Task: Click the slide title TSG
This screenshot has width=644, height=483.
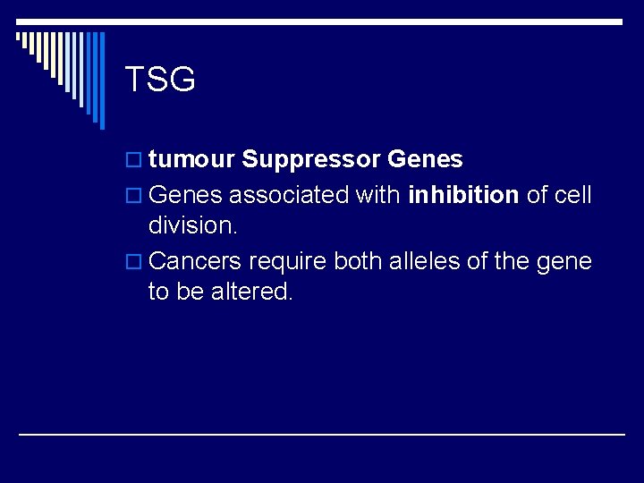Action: (160, 80)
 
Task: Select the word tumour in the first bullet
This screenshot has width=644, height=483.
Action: (191, 160)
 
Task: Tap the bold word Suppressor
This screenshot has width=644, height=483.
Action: (311, 160)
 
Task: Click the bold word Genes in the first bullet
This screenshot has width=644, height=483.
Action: (425, 160)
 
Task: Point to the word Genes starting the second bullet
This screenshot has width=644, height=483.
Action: (185, 194)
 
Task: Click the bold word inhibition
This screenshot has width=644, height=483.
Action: (463, 194)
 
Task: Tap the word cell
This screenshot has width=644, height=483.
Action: (572, 194)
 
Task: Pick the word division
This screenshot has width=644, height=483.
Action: (193, 225)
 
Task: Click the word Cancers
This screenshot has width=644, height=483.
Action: (196, 260)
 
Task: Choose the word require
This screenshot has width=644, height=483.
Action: (287, 260)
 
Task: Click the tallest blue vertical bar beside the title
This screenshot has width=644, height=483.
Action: (101, 80)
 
